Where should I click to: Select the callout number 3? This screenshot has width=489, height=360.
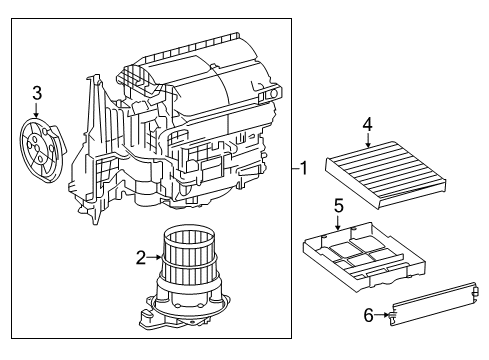tap(37, 93)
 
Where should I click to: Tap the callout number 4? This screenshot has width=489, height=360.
tap(368, 125)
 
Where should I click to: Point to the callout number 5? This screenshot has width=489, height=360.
tap(338, 205)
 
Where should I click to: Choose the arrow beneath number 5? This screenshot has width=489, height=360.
tap(339, 221)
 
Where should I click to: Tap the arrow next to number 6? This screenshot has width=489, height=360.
tap(384, 316)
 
